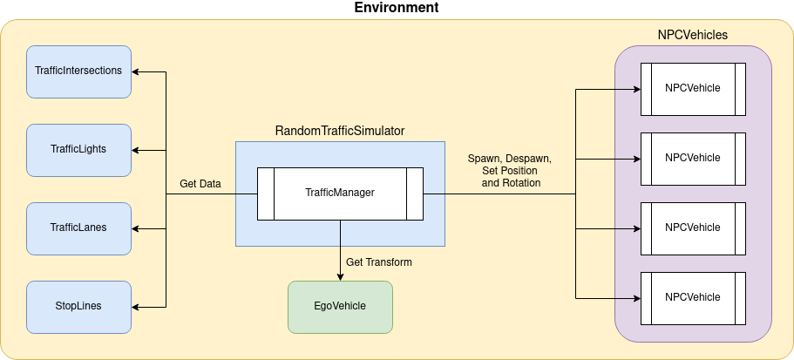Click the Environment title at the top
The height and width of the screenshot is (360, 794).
point(396,8)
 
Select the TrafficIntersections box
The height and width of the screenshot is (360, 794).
point(78,71)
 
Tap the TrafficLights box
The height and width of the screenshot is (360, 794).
point(78,149)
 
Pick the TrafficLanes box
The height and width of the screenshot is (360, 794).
point(78,228)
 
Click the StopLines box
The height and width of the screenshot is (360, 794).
point(78,306)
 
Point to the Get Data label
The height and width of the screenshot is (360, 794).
point(200,184)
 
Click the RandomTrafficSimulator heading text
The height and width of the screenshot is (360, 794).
point(340,131)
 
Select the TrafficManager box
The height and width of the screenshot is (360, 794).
point(340,193)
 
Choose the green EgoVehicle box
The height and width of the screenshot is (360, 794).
point(340,306)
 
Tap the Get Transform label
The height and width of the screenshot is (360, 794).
point(379,262)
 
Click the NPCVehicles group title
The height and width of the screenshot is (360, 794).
point(692,35)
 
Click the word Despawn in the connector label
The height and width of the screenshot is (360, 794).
point(529,160)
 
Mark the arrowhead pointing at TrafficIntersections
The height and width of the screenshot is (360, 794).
point(137,71)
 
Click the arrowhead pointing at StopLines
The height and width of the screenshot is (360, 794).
point(137,306)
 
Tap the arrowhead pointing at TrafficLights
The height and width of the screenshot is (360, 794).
point(137,149)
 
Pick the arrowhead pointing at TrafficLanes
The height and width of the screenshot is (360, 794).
point(137,228)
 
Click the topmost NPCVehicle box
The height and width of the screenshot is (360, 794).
point(693,88)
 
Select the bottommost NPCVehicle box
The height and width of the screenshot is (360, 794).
point(693,297)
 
